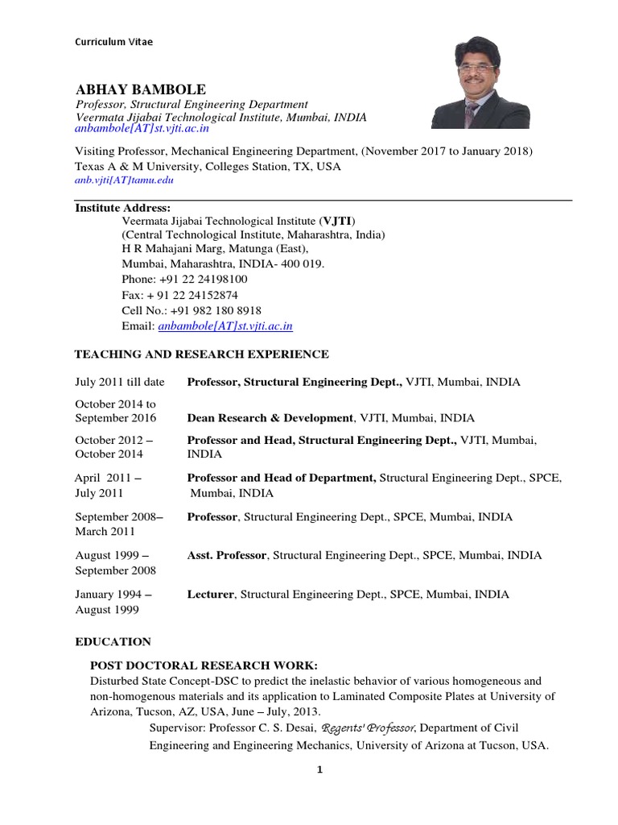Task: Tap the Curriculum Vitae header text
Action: (x=113, y=42)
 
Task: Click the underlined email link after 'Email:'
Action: (x=225, y=326)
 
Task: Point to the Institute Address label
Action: (x=122, y=207)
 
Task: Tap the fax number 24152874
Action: (x=208, y=295)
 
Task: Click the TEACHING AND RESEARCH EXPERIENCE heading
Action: (x=201, y=354)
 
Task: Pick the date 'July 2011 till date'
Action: (x=120, y=382)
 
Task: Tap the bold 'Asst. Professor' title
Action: (x=227, y=555)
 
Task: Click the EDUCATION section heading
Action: (x=113, y=641)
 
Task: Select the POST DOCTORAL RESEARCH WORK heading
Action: (x=204, y=665)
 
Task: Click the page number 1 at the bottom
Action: (x=319, y=770)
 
